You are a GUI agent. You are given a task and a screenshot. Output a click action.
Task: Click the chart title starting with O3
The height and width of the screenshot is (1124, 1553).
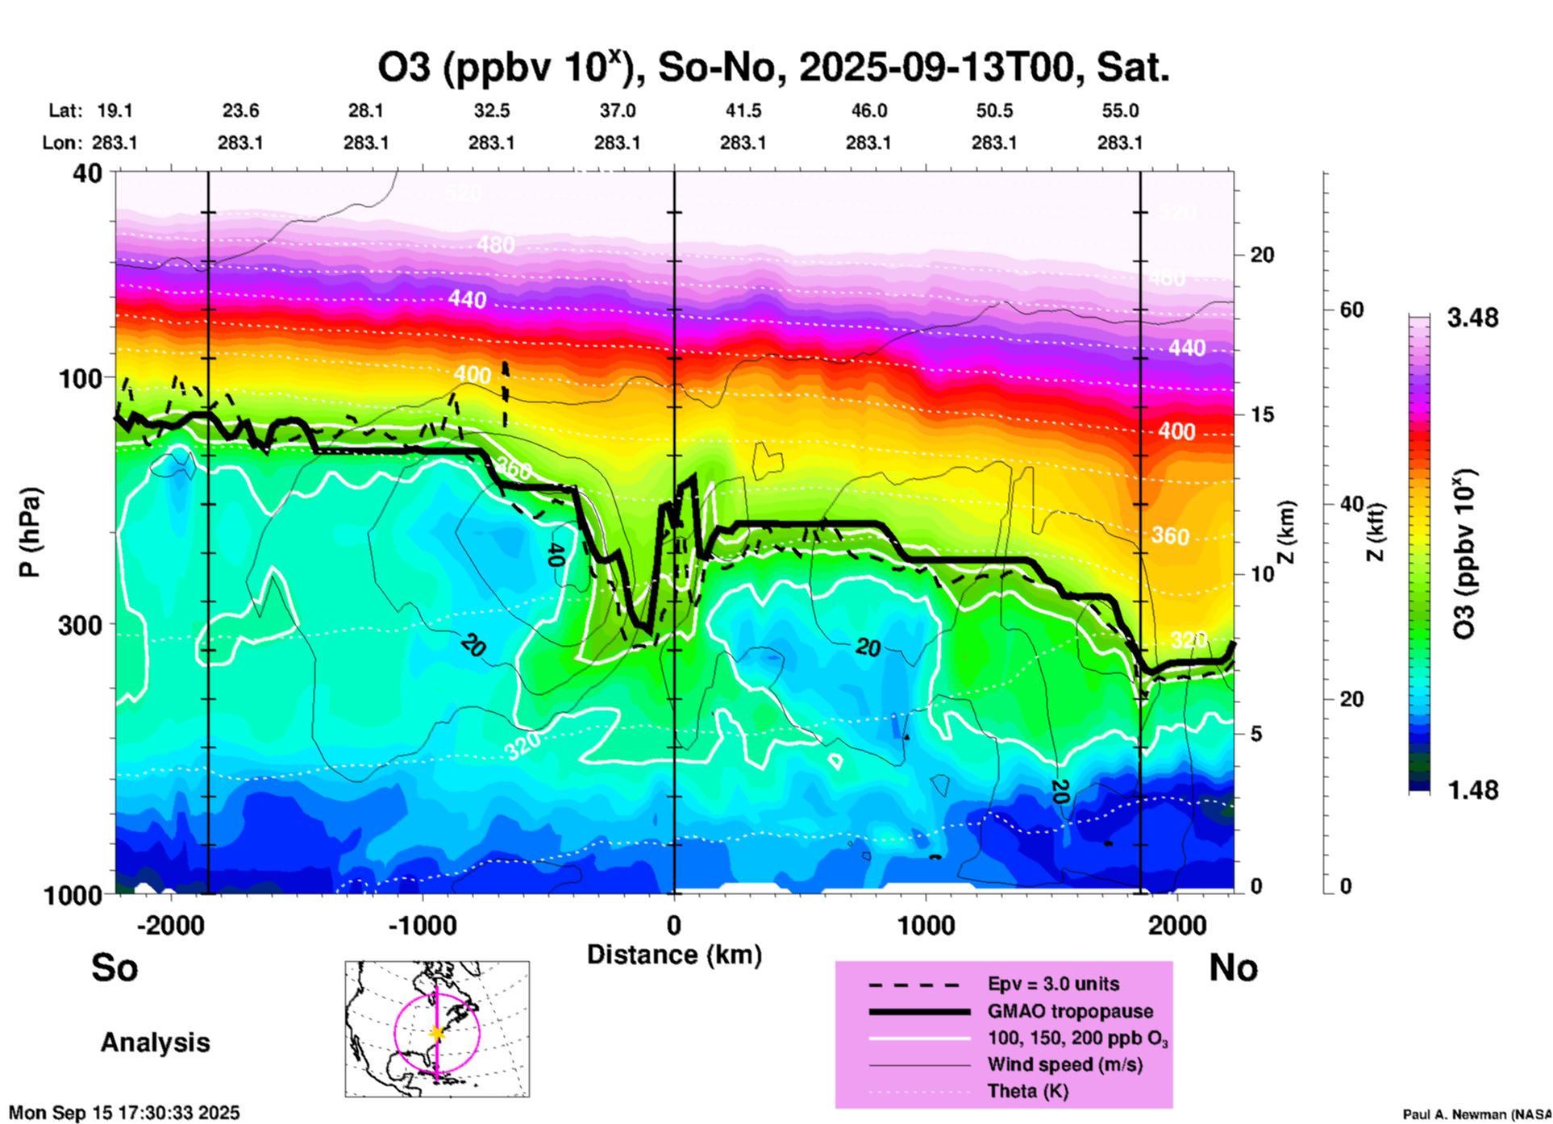click(x=772, y=68)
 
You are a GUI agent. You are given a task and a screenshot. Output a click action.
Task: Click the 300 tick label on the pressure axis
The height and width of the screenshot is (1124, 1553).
click(x=80, y=625)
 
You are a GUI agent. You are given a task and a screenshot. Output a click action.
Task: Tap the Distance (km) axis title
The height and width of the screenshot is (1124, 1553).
click(x=673, y=955)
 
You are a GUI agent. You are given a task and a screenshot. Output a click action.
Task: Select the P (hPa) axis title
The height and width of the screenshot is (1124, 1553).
click(x=30, y=531)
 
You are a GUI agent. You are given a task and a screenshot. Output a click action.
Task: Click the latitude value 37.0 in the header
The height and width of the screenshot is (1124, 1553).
click(x=617, y=110)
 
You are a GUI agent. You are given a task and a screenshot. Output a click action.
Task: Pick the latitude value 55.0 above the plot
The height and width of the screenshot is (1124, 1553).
click(x=1119, y=110)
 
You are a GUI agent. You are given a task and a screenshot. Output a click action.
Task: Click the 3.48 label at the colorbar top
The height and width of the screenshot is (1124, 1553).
click(x=1472, y=318)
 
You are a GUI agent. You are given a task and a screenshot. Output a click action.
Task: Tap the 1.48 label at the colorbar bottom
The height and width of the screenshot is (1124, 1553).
click(x=1472, y=789)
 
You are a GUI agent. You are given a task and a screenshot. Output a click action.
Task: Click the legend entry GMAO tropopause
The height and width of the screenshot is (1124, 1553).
click(x=1070, y=1011)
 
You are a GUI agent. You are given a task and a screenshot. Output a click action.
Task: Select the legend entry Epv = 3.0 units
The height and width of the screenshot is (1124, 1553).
click(x=1053, y=984)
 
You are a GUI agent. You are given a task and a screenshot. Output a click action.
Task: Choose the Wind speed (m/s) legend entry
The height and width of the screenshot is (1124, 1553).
click(x=1064, y=1065)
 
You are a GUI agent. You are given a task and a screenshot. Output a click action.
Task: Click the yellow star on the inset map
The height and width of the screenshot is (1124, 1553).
click(x=437, y=1033)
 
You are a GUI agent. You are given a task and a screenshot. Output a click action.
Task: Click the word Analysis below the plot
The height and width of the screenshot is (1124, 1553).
click(x=155, y=1043)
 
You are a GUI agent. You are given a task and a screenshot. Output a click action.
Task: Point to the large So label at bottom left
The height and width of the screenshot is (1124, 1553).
click(x=114, y=968)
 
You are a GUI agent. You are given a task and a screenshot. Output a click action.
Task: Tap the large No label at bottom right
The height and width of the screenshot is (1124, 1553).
click(x=1233, y=968)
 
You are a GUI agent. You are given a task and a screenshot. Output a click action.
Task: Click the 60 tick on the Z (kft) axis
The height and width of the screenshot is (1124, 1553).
click(x=1351, y=310)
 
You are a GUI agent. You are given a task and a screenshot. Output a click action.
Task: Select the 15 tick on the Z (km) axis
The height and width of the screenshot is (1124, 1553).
click(x=1262, y=414)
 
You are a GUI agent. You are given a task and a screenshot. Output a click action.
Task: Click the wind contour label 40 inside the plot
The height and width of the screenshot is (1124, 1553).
click(x=554, y=554)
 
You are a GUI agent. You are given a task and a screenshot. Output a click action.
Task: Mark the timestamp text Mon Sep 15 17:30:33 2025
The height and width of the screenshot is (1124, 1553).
click(x=124, y=1113)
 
